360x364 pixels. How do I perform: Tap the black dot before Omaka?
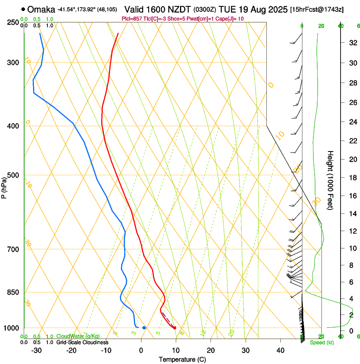[x=22, y=9]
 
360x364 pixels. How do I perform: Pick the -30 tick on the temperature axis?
[x=36, y=350]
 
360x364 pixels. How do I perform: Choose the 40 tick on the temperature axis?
[x=280, y=350]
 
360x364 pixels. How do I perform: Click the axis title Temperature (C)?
[x=182, y=359]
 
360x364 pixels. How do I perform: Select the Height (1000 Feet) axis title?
[x=331, y=180]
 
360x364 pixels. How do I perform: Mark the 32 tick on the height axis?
[x=352, y=43]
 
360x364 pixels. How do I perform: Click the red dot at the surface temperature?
[x=174, y=328]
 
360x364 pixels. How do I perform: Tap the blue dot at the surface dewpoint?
[x=144, y=328]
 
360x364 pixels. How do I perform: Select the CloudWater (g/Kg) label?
[x=78, y=336]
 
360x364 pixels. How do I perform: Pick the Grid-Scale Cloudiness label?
[x=82, y=342]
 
